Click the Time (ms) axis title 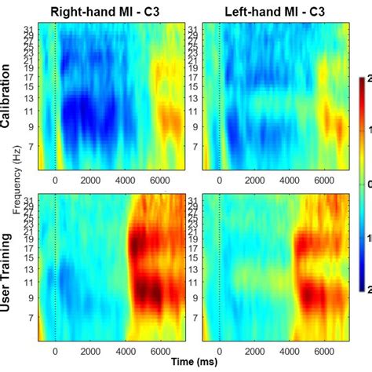tap(193, 363)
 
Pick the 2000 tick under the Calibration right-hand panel tap(90, 179)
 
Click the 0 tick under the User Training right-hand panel tap(55, 352)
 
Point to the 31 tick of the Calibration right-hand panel tap(29, 28)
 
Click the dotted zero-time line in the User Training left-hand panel tap(219, 267)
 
